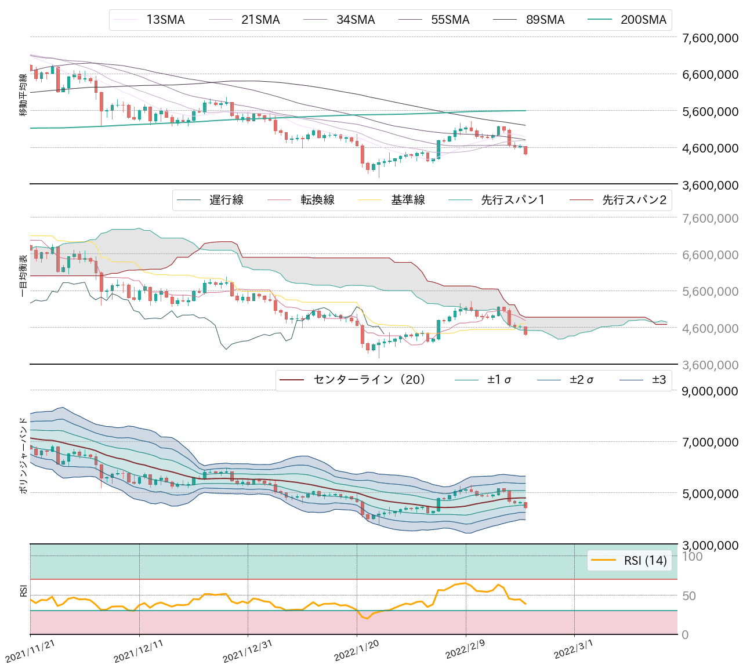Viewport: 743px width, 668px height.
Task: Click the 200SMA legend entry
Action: click(643, 20)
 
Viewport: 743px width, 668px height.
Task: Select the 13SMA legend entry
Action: click(165, 20)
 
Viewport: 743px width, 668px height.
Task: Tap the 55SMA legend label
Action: click(450, 20)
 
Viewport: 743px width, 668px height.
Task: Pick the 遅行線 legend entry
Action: click(226, 200)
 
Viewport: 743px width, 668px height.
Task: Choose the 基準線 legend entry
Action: click(408, 200)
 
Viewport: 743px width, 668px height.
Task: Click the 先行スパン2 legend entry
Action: click(634, 200)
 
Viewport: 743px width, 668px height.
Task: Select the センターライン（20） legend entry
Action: click(369, 380)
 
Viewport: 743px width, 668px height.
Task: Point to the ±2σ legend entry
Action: click(581, 380)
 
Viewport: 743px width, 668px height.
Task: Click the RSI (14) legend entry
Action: click(645, 560)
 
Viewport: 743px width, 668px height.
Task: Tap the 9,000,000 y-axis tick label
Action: click(710, 391)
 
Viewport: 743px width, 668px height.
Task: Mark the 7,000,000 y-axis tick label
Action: click(710, 442)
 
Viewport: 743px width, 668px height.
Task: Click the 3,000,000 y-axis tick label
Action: click(710, 545)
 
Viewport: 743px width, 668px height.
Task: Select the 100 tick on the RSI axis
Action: click(692, 557)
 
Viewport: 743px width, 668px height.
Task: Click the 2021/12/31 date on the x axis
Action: click(248, 652)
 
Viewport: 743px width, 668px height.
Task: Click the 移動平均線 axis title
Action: click(23, 95)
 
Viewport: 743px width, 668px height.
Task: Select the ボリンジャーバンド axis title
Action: click(23, 455)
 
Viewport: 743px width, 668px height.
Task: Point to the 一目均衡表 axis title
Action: click(23, 275)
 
